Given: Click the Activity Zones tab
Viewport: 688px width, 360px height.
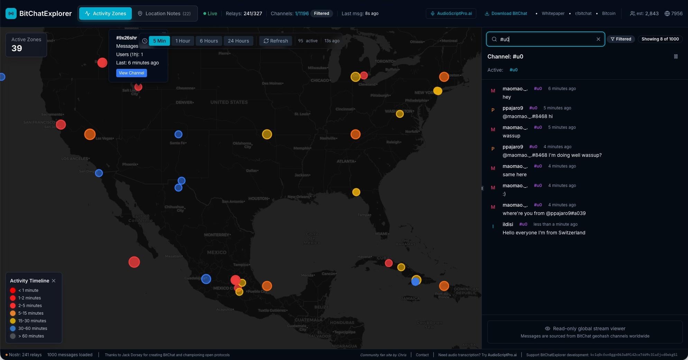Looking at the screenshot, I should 106,13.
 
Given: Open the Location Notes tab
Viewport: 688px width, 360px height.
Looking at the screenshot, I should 164,13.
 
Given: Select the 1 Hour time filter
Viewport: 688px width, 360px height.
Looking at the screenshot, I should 183,41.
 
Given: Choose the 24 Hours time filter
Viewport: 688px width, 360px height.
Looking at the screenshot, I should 238,41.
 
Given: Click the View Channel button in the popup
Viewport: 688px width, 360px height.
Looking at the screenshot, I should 131,73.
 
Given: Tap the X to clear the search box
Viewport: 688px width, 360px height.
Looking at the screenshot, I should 598,39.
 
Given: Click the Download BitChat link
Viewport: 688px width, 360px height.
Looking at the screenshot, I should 506,13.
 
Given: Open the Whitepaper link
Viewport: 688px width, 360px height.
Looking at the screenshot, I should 553,13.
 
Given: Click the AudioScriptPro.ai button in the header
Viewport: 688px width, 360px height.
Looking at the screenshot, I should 451,13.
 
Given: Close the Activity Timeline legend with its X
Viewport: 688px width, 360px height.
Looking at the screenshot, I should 54,281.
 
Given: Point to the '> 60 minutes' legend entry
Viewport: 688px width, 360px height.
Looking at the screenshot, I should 31,336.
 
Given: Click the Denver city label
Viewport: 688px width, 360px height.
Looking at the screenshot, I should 184,102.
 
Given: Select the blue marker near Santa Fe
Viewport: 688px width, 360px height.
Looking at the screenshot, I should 178,134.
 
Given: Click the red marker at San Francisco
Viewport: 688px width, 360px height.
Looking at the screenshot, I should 61,125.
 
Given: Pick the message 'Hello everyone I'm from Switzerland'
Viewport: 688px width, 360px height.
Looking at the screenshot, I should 544,233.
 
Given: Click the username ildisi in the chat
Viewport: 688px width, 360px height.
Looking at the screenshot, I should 508,224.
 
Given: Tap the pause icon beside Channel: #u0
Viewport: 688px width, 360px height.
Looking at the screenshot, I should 676,56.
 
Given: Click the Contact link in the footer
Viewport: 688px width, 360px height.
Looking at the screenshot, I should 422,355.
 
